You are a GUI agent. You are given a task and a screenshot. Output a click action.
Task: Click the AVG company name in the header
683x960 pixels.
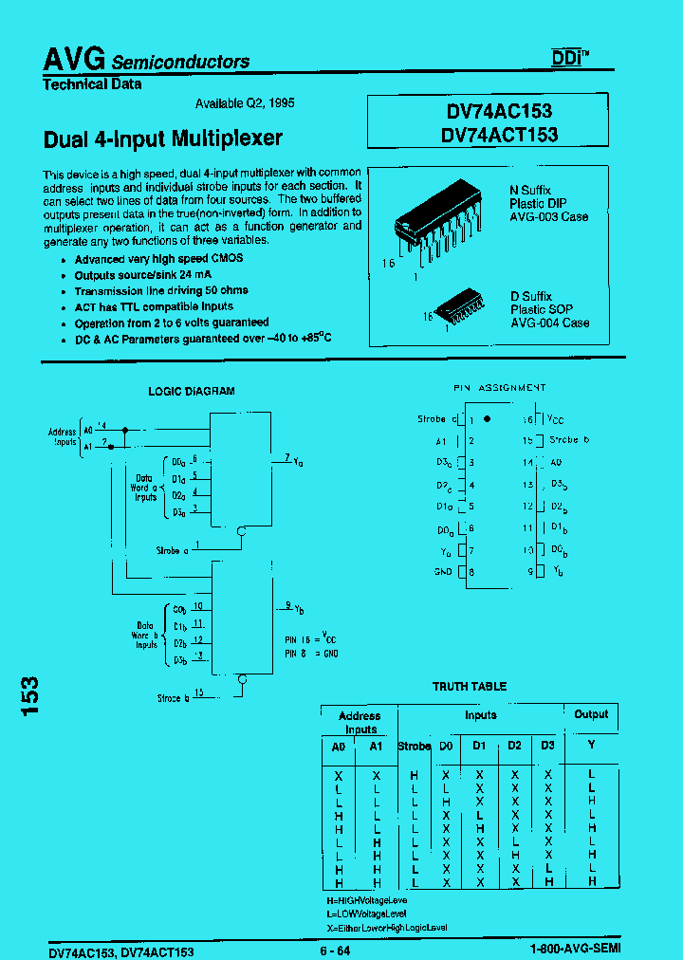[x=74, y=59]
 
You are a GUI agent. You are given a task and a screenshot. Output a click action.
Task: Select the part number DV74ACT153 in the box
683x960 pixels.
[x=499, y=135]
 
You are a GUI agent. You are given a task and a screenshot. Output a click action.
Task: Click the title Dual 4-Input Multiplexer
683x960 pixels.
[x=163, y=138]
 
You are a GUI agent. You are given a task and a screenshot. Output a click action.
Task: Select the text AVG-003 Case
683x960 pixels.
[x=548, y=217]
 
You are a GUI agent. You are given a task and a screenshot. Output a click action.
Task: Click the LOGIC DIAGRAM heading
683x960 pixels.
[x=192, y=391]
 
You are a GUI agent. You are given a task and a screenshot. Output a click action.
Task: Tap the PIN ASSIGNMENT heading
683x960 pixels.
[x=498, y=388]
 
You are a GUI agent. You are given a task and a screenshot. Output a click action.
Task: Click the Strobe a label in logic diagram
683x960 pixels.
[x=172, y=550]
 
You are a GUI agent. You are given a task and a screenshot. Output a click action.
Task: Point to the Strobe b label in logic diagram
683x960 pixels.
[x=174, y=698]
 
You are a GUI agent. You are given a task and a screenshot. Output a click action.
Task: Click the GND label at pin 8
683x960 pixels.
[x=443, y=572]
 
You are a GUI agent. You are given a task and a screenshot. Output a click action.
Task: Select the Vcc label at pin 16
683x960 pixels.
[x=555, y=418]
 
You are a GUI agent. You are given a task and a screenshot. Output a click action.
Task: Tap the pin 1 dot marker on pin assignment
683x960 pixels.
[x=488, y=418]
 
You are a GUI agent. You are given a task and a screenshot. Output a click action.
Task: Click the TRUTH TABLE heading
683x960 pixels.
[x=470, y=686]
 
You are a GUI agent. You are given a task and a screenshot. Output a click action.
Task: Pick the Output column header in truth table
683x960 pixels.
[x=591, y=714]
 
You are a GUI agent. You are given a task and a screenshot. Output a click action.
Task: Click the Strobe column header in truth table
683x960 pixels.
[x=415, y=746]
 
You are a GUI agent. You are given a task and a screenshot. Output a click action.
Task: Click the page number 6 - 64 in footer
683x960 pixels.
[x=334, y=951]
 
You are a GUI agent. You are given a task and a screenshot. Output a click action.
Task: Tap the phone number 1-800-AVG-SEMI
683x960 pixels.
[x=575, y=950]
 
